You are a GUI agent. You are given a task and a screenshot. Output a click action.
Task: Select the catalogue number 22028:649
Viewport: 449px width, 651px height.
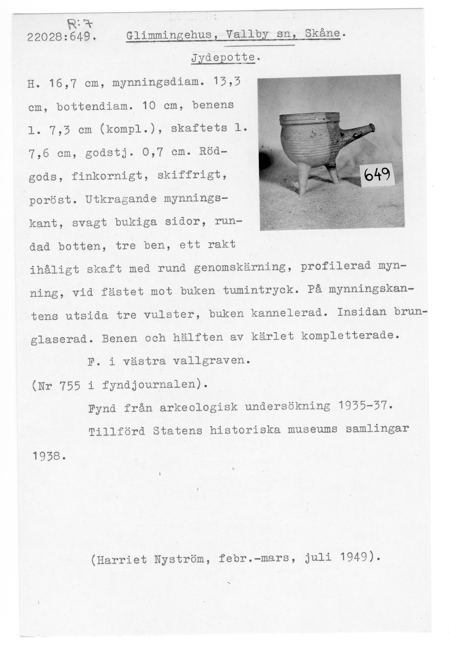tap(60, 37)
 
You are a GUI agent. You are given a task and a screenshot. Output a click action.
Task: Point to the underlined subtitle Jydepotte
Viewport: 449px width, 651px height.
tap(223, 58)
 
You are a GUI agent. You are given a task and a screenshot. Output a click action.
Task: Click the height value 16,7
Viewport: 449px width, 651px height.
tap(63, 84)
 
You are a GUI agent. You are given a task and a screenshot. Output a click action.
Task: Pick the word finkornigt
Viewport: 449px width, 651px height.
tap(110, 176)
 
